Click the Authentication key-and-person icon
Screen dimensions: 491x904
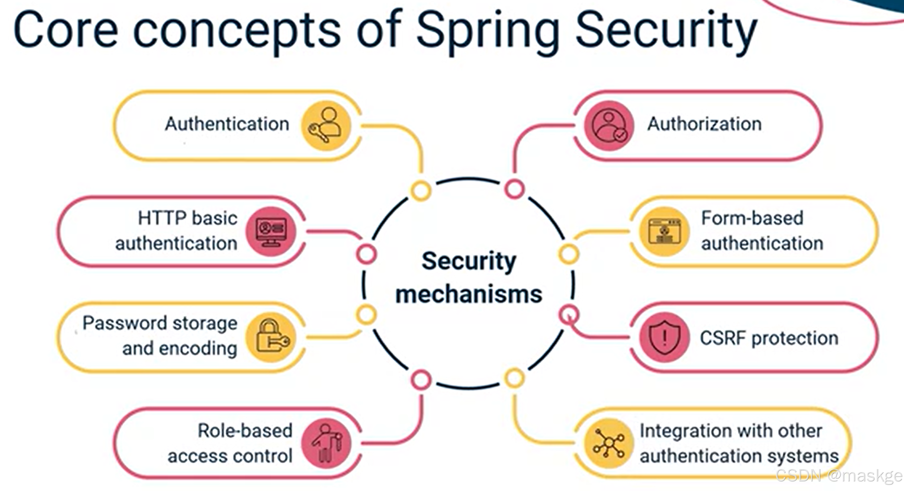point(326,125)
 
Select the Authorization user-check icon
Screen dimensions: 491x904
point(609,125)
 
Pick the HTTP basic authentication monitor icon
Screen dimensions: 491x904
point(271,231)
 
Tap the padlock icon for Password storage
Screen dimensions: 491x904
point(271,337)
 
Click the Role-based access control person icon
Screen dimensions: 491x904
point(326,443)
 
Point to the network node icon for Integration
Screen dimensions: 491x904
point(609,443)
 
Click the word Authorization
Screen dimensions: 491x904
point(704,124)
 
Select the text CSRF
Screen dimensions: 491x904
point(723,338)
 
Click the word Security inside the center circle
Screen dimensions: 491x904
point(469,261)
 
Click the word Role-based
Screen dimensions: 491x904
point(245,431)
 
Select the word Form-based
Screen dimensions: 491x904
point(752,218)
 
